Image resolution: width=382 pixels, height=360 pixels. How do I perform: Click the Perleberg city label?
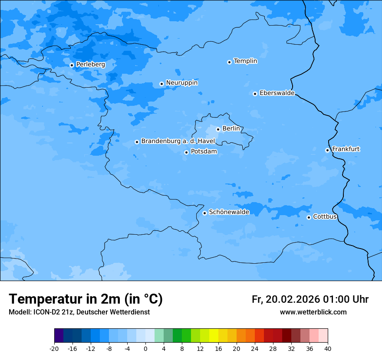[90, 65]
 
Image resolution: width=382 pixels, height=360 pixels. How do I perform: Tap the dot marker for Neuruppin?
[161, 84]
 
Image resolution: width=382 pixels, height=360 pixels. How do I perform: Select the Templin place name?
[245, 61]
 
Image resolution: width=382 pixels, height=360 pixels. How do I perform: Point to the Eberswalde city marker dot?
[255, 94]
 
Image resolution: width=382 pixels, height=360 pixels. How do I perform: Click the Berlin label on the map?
[231, 129]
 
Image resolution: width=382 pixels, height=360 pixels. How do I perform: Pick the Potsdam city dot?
[186, 152]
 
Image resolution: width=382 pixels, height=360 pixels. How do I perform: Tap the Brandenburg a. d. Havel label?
[178, 141]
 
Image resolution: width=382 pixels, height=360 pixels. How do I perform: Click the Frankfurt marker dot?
[327, 150]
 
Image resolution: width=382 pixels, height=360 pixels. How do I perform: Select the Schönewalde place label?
[229, 213]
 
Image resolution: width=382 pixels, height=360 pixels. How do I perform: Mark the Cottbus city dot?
[309, 217]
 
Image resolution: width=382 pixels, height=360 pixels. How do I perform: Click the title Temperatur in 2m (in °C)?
[86, 299]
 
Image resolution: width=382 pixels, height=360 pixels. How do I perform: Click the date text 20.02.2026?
[293, 300]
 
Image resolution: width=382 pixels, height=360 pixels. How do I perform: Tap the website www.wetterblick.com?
[313, 312]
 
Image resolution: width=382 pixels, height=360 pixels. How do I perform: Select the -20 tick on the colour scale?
[54, 348]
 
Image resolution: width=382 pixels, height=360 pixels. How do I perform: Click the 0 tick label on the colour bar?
[145, 348]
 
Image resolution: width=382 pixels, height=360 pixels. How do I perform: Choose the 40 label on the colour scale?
[327, 348]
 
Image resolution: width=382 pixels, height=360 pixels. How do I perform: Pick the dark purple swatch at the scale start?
[59, 336]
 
